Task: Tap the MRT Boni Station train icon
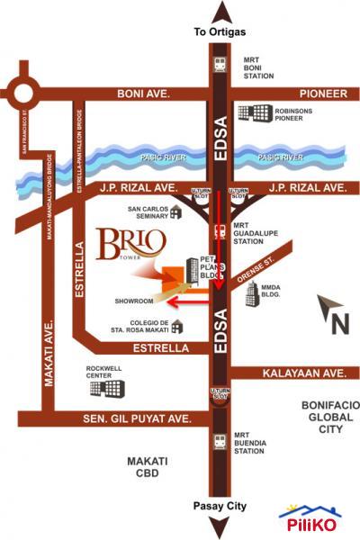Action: coord(219,65)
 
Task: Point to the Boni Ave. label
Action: coord(144,94)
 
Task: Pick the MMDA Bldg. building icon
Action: coord(247,294)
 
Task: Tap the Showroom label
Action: coord(133,301)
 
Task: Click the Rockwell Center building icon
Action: coord(113,388)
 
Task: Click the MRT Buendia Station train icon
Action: coord(219,442)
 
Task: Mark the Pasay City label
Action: coord(220,508)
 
